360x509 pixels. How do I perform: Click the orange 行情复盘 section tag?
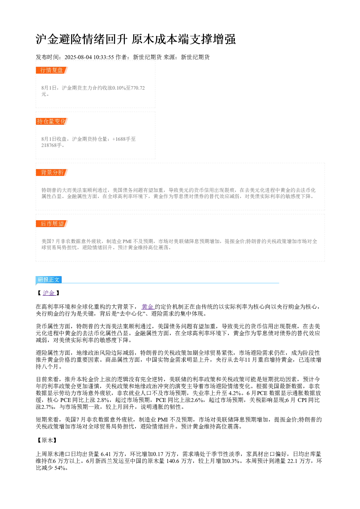tap(52, 70)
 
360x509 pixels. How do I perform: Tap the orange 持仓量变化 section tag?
tap(52, 121)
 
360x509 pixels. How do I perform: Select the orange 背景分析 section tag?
tap(52, 172)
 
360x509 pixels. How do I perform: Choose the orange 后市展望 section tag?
tap(52, 223)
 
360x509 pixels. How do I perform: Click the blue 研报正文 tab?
tap(49, 279)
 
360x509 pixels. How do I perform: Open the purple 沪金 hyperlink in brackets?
tap(49, 293)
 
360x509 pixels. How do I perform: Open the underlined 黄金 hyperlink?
tap(148, 307)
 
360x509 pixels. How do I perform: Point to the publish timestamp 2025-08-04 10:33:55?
tap(89, 57)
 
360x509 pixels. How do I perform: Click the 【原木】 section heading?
tap(47, 440)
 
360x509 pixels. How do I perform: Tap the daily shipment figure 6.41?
tap(106, 454)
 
